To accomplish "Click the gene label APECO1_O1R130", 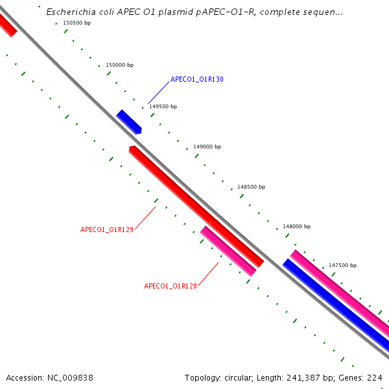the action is click(x=196, y=80).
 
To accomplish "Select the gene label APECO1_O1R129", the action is click(x=107, y=230).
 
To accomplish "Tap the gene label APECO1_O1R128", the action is click(x=170, y=286).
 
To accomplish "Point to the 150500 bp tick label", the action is click(x=77, y=23).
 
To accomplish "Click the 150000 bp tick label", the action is click(x=119, y=65).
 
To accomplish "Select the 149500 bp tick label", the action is click(x=163, y=106).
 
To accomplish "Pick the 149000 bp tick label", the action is click(x=207, y=147).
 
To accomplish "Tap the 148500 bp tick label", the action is click(x=251, y=186).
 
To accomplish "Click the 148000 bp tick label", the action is click(x=296, y=226).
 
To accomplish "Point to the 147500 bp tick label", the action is click(x=342, y=265).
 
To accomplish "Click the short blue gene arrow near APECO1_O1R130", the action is click(x=128, y=122).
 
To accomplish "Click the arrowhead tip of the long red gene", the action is click(x=132, y=149).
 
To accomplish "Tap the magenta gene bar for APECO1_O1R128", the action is click(x=228, y=251).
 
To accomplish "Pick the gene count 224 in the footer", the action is click(x=375, y=377).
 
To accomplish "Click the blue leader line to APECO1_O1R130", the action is click(x=159, y=93).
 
